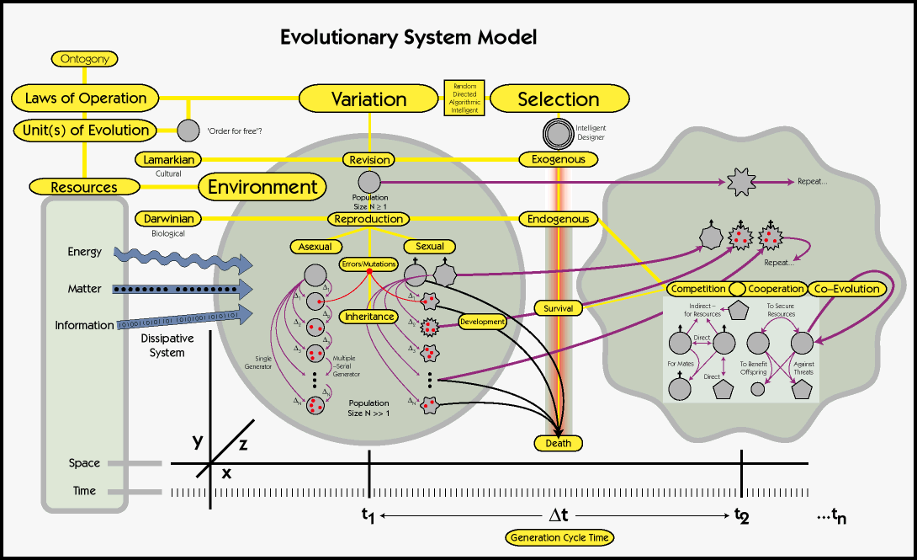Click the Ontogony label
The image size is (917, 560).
coord(84,59)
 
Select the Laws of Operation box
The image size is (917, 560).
coord(85,98)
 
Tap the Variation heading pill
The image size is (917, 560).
coord(369,99)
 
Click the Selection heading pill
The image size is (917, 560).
coord(559,99)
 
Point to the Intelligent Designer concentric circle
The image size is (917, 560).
coord(559,133)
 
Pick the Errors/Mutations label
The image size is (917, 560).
coord(368,264)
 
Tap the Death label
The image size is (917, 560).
coord(558,443)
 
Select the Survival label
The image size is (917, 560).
coord(558,308)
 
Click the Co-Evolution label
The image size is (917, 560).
coord(847,289)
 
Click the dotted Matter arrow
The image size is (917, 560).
coord(181,289)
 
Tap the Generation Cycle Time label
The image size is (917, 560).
coord(559,537)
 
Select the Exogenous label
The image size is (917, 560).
coord(558,158)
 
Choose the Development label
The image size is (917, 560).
coord(482,322)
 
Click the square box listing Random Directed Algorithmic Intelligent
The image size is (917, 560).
coord(464,99)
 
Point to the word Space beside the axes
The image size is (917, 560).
coord(84,463)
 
